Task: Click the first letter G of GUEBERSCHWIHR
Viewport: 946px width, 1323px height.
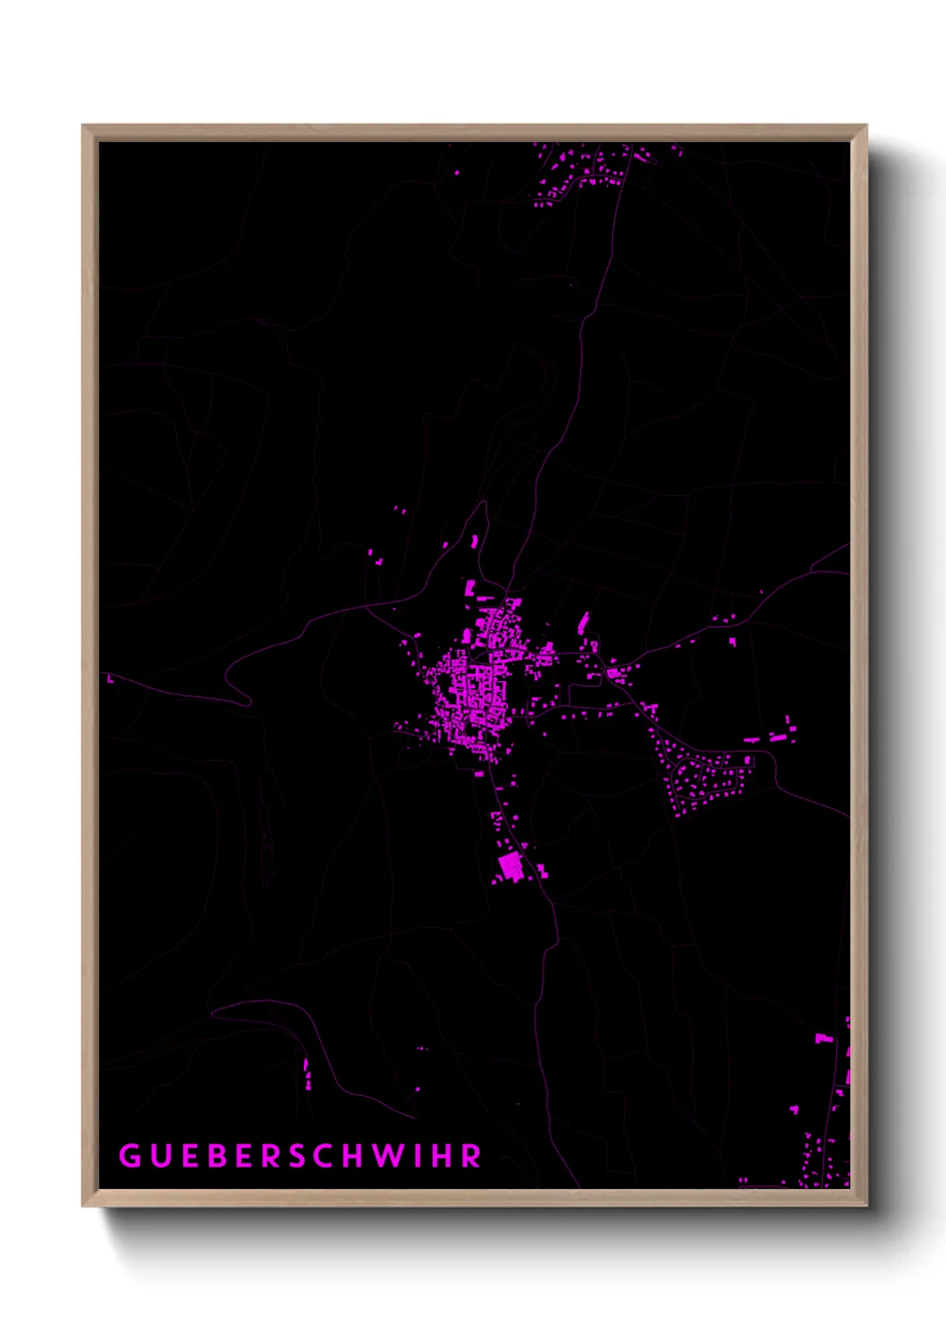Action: click(130, 1156)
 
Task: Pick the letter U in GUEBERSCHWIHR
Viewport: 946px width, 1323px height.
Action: click(159, 1156)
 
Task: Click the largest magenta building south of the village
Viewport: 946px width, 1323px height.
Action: click(511, 866)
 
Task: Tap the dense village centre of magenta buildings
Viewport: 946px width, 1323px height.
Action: click(474, 688)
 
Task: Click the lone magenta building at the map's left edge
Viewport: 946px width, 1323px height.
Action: click(110, 679)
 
